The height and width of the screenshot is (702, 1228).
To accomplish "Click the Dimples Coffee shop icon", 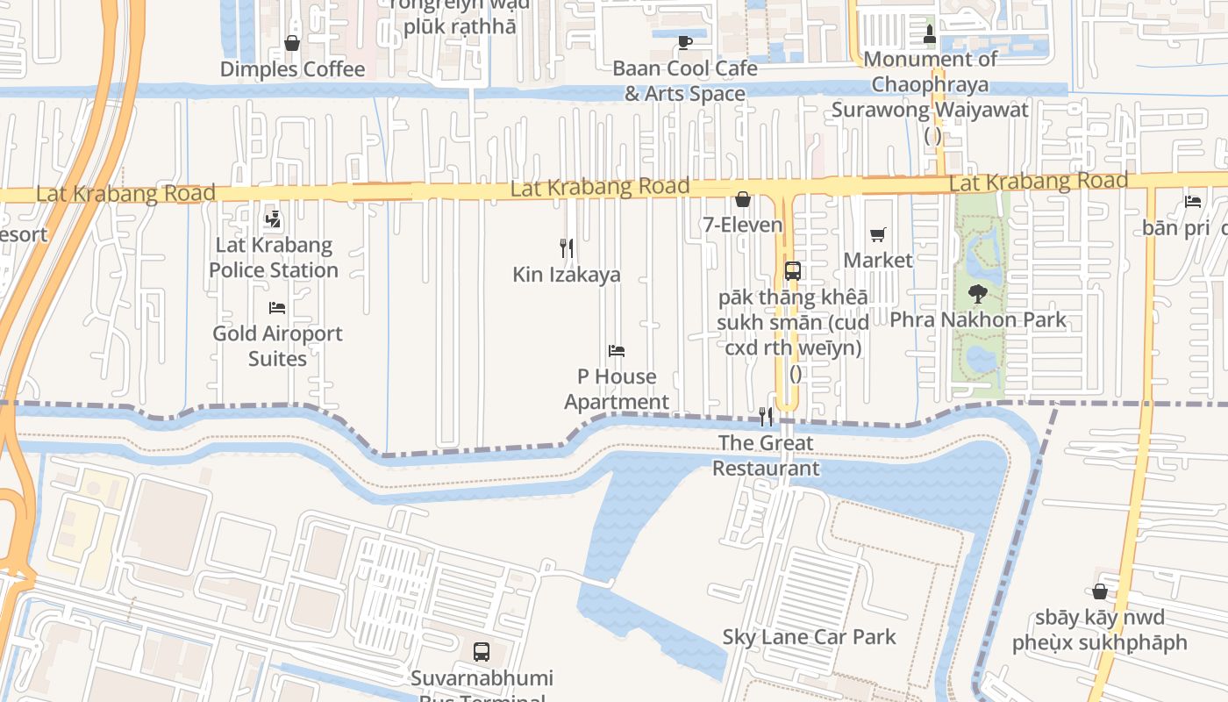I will [x=292, y=43].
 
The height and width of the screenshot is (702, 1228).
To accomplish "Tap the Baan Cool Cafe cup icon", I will [x=685, y=42].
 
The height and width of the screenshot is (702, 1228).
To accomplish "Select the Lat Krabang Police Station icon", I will [x=273, y=218].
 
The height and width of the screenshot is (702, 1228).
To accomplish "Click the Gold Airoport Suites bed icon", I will [x=277, y=308].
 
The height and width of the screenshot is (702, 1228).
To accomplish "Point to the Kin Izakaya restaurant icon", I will [x=567, y=248].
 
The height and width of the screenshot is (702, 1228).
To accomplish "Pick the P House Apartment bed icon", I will [x=617, y=351].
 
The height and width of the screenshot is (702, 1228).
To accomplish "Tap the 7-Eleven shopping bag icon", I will [x=743, y=199].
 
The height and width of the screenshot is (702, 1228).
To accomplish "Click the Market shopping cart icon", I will [x=877, y=234].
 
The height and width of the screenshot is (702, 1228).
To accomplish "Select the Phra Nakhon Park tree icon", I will [x=977, y=294].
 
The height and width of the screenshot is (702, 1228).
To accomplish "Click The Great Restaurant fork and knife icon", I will [x=766, y=417].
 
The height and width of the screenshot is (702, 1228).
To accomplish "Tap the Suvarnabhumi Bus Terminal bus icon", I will [x=482, y=652].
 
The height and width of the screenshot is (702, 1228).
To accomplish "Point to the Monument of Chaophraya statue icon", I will [x=931, y=34].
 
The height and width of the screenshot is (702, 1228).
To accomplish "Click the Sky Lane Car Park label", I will [x=810, y=637].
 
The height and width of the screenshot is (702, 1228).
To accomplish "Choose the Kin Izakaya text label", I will [x=567, y=275].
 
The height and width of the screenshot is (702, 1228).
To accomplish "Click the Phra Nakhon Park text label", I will [x=978, y=319].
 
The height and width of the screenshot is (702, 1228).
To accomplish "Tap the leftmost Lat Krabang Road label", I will [x=125, y=193].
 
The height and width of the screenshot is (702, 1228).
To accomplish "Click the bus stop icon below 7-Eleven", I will [x=793, y=270].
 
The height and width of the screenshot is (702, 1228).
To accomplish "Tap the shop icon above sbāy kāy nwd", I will [x=1099, y=591].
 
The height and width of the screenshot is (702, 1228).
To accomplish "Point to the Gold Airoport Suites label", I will [x=277, y=346].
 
